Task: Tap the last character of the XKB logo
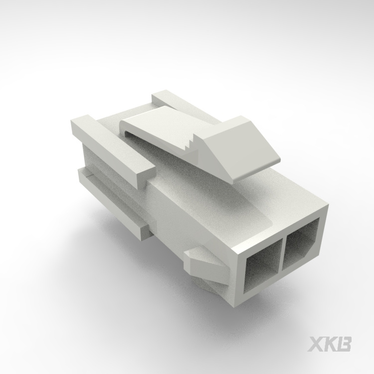click(344, 345)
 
